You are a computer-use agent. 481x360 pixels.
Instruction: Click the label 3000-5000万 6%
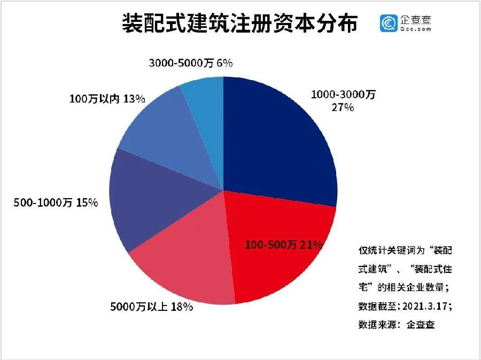[189, 63]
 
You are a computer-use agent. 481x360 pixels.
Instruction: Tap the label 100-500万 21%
[283, 245]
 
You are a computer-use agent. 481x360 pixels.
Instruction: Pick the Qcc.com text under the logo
[415, 29]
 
